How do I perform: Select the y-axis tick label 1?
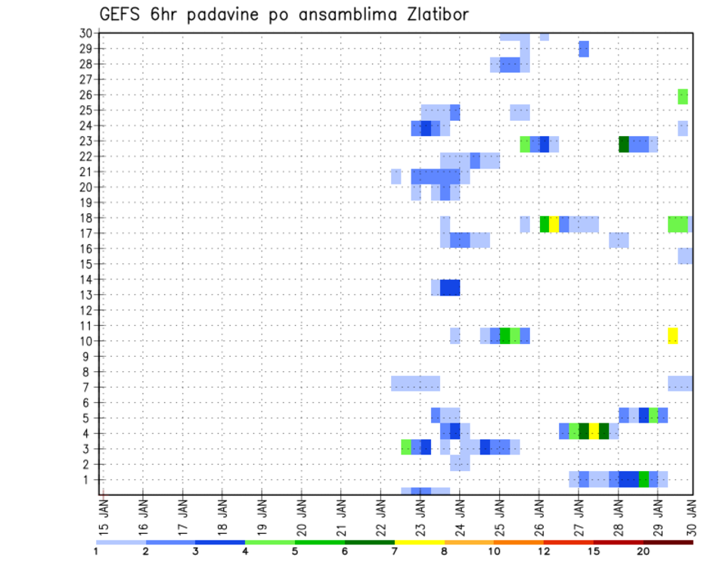(x=88, y=479)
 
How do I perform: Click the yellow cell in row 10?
(x=672, y=336)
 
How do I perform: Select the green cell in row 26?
(x=683, y=96)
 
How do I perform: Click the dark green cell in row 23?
(x=623, y=144)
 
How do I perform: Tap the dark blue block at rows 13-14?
(x=450, y=287)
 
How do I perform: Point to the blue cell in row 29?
(x=583, y=49)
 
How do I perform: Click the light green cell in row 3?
(x=406, y=447)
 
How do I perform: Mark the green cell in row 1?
(x=644, y=479)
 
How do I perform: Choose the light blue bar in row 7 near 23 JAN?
(x=415, y=383)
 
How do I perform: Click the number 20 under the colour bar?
(x=644, y=550)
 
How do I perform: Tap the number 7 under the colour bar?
(x=395, y=550)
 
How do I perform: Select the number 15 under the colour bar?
(x=593, y=550)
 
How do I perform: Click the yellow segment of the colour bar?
(x=420, y=542)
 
